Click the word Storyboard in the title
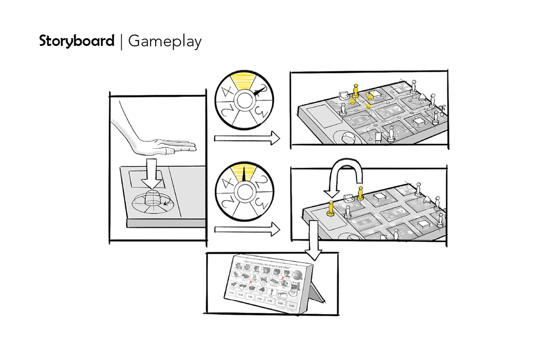(77, 41)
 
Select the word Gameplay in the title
(165, 42)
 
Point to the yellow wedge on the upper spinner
(244, 82)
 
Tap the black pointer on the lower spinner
(245, 174)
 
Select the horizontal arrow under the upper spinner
(246, 138)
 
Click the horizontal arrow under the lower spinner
(246, 229)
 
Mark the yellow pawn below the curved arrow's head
(331, 209)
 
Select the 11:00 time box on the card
(230, 293)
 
